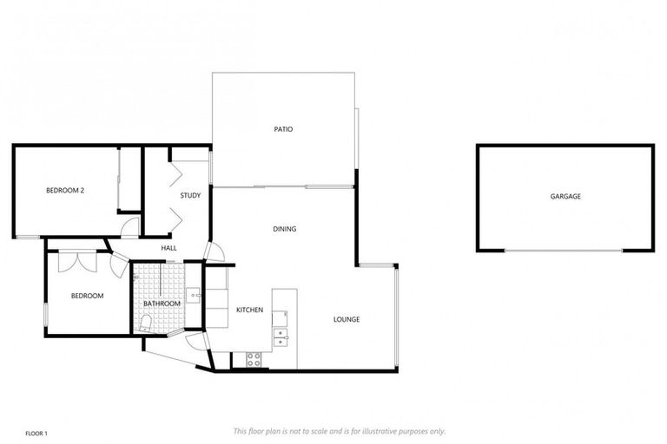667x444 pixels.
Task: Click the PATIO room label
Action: pyautogui.click(x=283, y=129)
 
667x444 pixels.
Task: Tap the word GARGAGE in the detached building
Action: pyautogui.click(x=565, y=197)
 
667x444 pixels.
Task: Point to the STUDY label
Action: pyautogui.click(x=190, y=196)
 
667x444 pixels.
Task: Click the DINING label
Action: pyautogui.click(x=285, y=229)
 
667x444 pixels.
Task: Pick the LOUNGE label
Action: pyautogui.click(x=347, y=319)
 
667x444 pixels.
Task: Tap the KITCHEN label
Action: pyautogui.click(x=250, y=310)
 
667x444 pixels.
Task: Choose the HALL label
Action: pyautogui.click(x=168, y=248)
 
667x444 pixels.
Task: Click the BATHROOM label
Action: pyautogui.click(x=162, y=304)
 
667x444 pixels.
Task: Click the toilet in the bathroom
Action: pyautogui.click(x=145, y=323)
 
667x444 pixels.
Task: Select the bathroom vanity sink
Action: pyautogui.click(x=193, y=296)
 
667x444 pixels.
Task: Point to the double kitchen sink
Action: pyautogui.click(x=281, y=336)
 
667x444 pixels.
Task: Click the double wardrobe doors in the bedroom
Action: pyautogui.click(x=76, y=261)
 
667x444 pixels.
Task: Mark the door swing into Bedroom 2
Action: pyautogui.click(x=129, y=228)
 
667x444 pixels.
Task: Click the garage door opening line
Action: pyautogui.click(x=564, y=251)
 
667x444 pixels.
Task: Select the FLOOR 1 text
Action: pyautogui.click(x=36, y=432)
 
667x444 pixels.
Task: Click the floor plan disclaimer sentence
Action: pyautogui.click(x=340, y=431)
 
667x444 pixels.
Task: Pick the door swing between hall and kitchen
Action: pyautogui.click(x=215, y=252)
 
